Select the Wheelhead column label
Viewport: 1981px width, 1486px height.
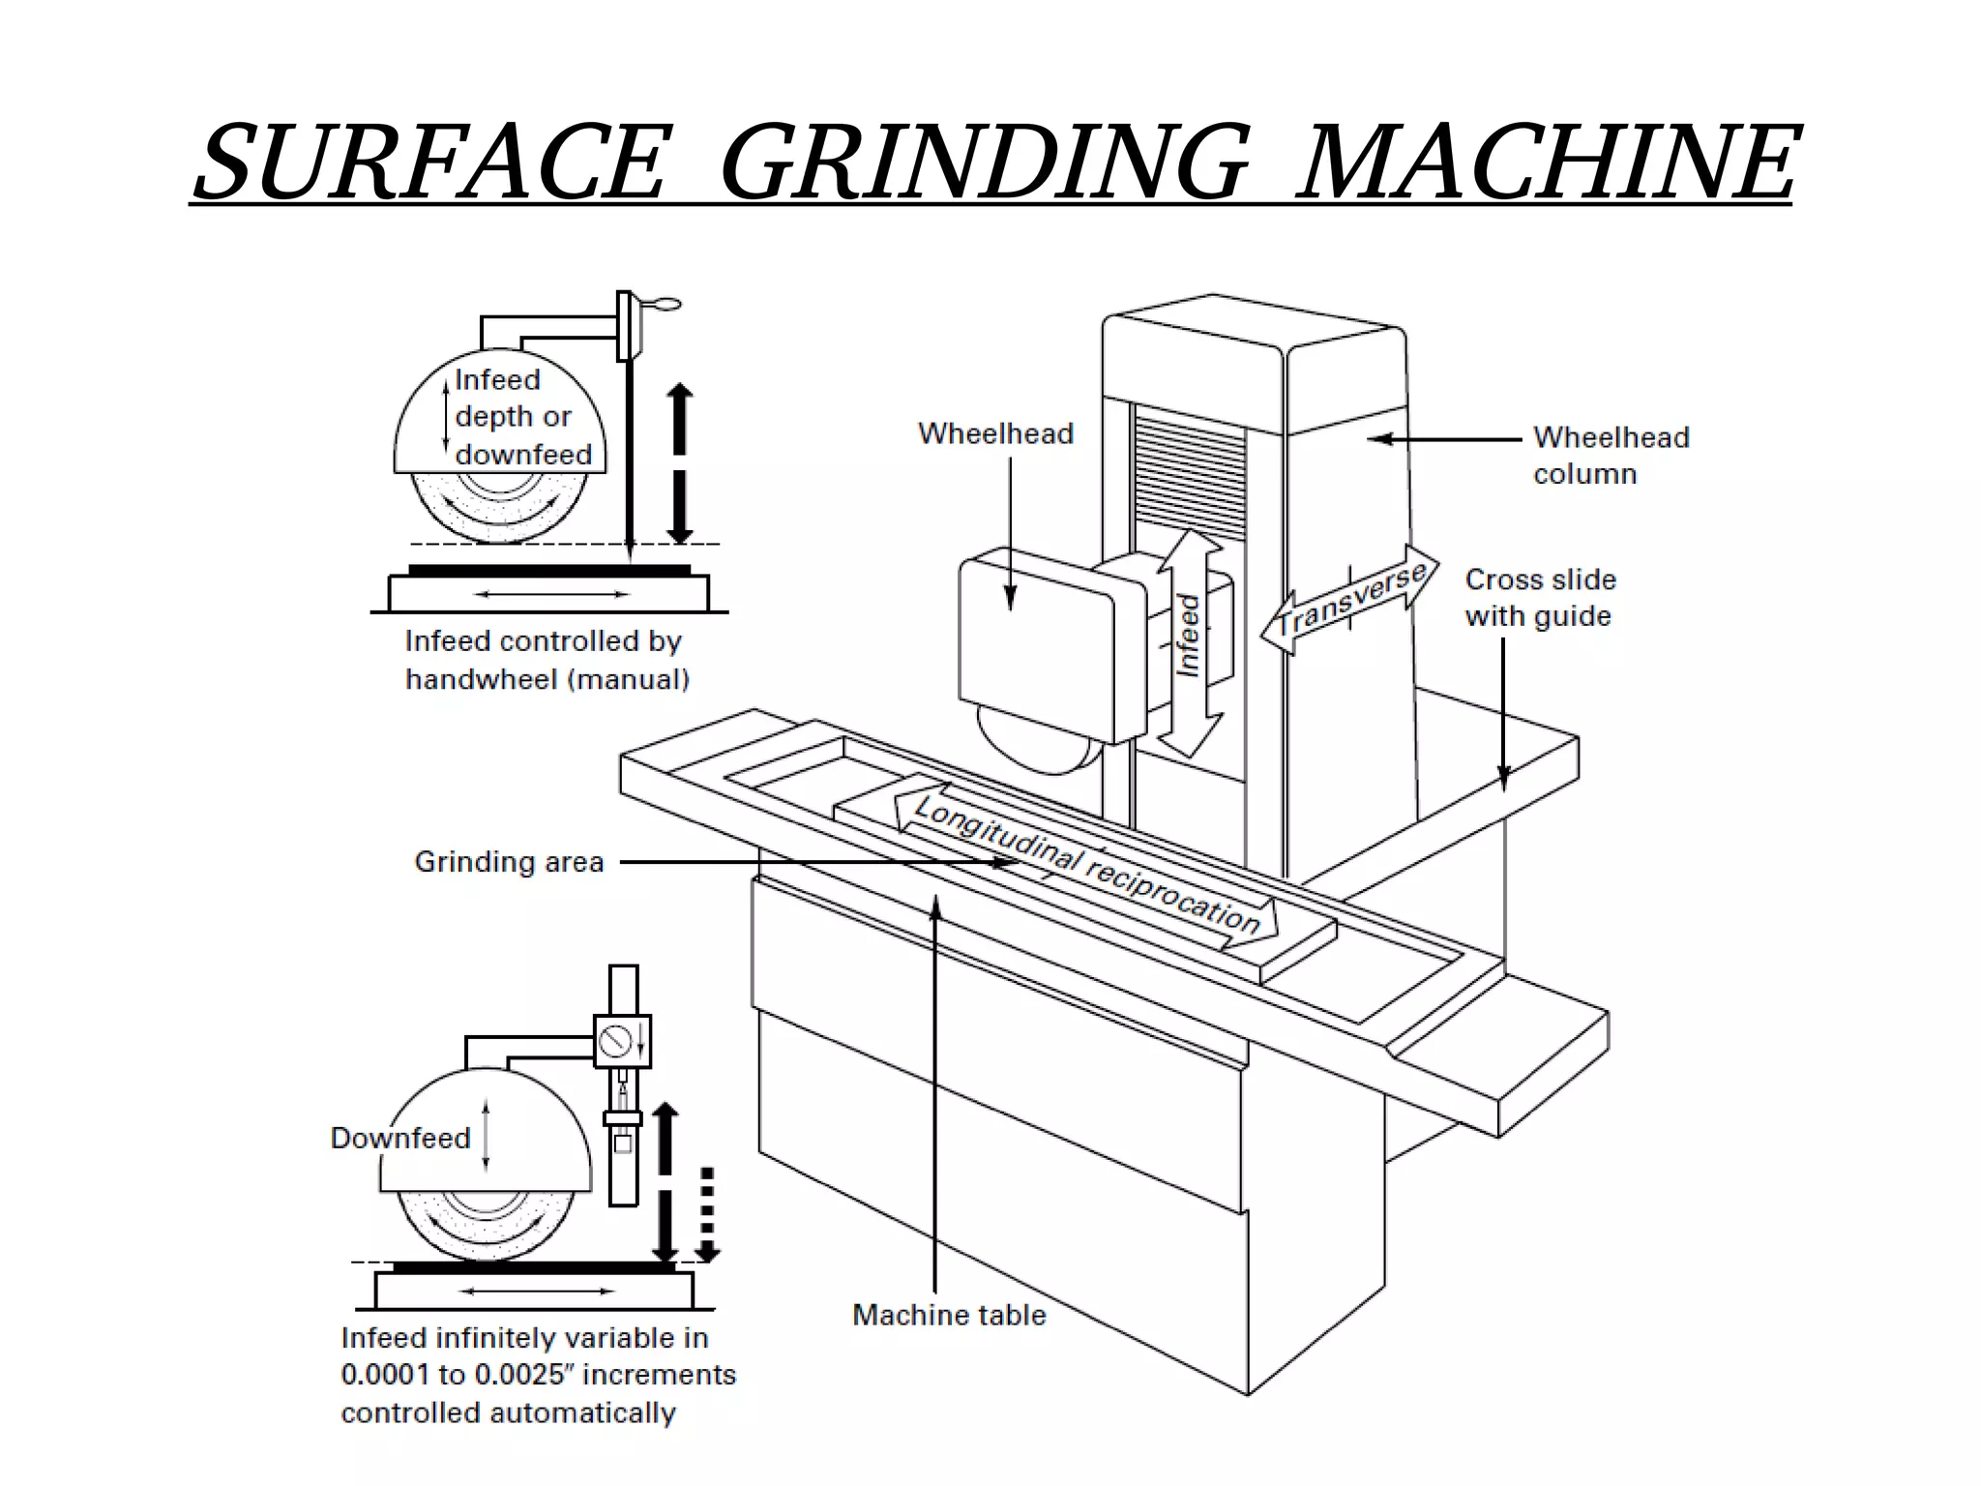coord(1611,455)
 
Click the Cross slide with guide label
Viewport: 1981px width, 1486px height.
coord(1539,597)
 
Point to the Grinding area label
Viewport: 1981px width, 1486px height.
coord(509,861)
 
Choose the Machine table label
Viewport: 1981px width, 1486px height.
coord(949,1315)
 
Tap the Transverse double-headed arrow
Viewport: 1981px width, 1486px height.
coord(1350,600)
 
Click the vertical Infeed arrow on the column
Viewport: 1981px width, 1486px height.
coord(1189,642)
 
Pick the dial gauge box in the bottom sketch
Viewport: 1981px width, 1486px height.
coord(621,1041)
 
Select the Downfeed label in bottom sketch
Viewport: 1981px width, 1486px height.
coord(400,1138)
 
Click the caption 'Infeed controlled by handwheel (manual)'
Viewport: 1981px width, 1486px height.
coord(547,660)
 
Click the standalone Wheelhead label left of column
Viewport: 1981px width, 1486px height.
coord(995,433)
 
